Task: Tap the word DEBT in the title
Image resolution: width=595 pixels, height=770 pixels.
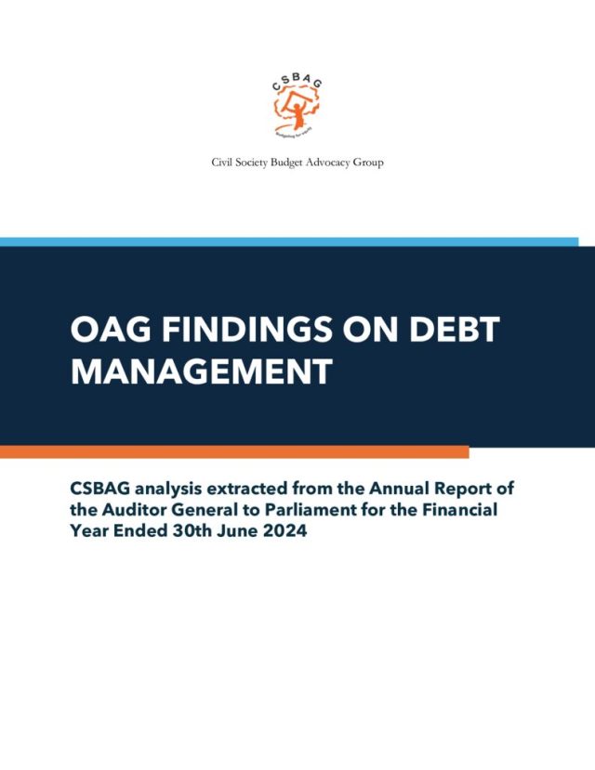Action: [x=455, y=329]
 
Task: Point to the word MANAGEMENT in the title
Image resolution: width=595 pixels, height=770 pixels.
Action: [x=202, y=371]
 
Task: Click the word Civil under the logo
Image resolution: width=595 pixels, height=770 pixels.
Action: [x=220, y=162]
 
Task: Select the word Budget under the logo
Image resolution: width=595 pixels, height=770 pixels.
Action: [x=287, y=163]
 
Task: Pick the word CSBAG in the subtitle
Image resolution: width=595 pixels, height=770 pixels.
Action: [x=100, y=489]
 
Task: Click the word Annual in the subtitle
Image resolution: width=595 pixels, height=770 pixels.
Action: [x=398, y=489]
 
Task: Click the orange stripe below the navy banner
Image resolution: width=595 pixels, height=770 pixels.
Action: [x=234, y=451]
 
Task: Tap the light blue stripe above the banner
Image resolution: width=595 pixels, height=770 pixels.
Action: [x=289, y=241]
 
